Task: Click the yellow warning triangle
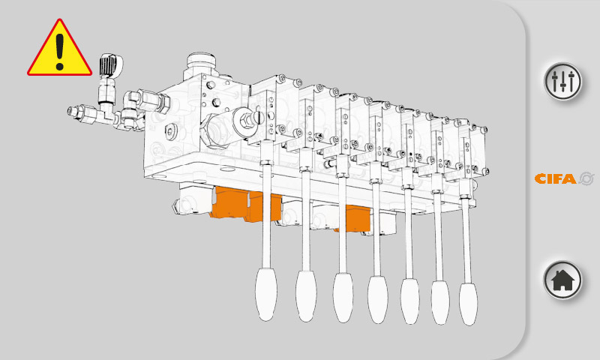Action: click(x=59, y=48)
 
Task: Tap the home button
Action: click(x=562, y=280)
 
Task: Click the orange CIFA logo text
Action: click(x=555, y=178)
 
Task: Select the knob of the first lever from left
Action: click(x=266, y=294)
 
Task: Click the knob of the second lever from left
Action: click(x=306, y=296)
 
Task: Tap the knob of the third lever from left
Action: click(x=343, y=297)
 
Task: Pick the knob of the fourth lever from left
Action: click(x=378, y=299)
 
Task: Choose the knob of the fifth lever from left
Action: click(x=409, y=301)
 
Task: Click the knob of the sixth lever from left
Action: click(x=440, y=302)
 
